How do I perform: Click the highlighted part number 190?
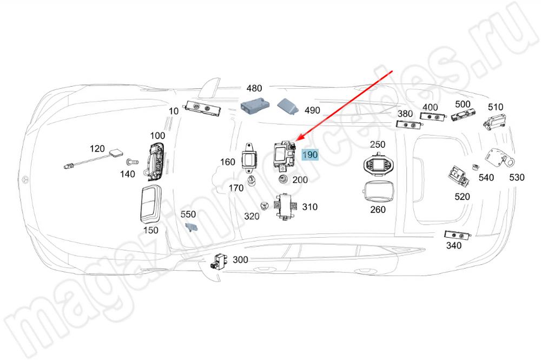point(310,155)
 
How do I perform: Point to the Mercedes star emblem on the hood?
point(25,178)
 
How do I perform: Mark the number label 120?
point(97,148)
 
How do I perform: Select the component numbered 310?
point(285,206)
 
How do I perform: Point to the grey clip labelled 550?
point(190,226)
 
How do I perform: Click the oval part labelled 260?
point(378,192)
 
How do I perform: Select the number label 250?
point(378,144)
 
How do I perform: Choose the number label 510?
point(496,107)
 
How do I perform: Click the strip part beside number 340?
point(456,234)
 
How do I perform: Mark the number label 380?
point(405,114)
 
